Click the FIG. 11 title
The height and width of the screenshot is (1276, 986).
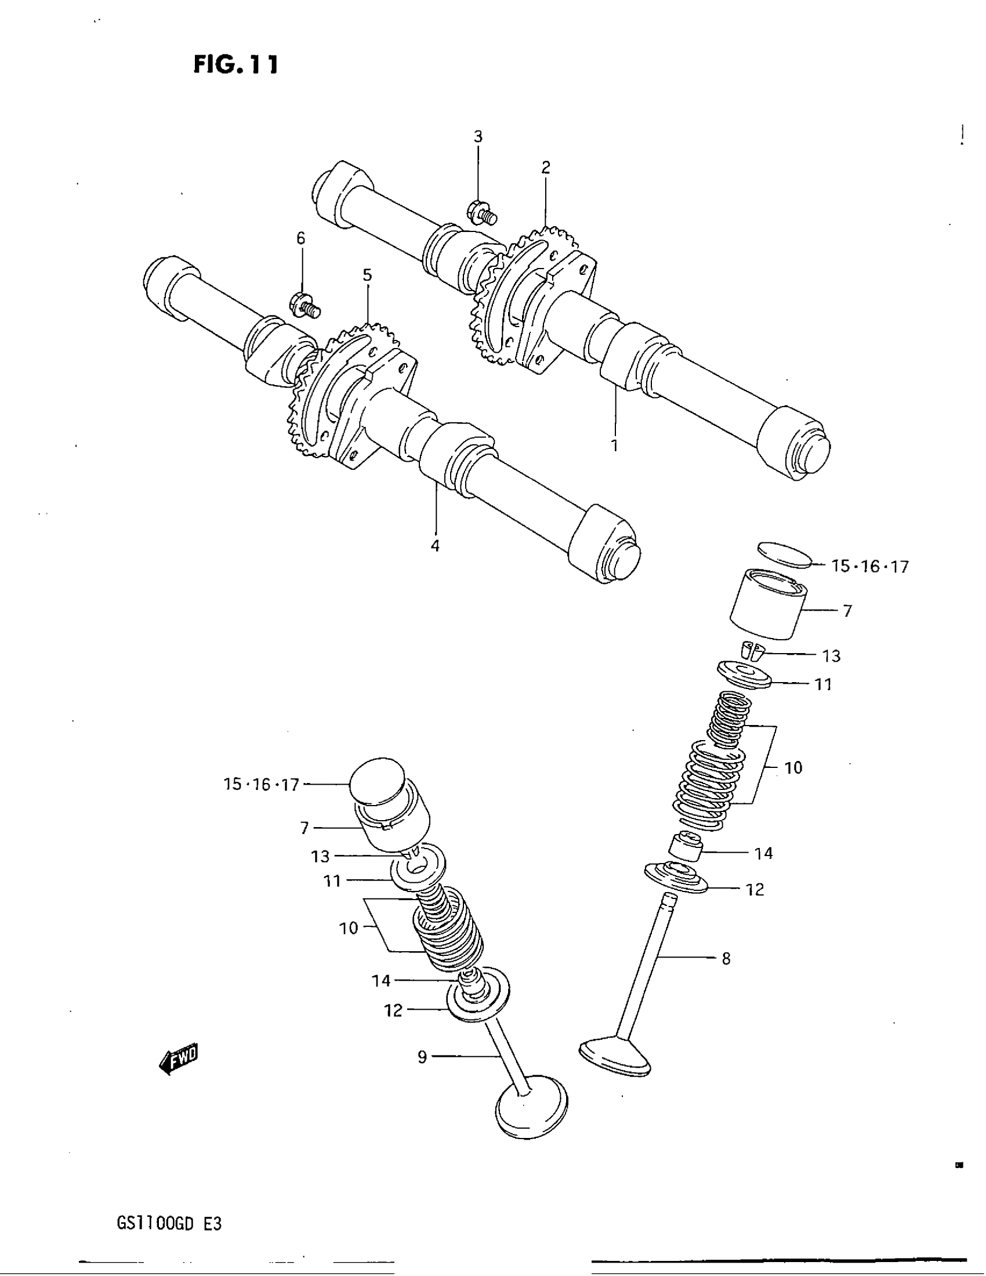coord(236,64)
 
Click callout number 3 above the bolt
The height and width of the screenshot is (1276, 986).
coord(478,137)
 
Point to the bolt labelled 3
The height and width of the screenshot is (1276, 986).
coord(481,213)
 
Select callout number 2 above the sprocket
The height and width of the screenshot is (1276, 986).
coord(546,168)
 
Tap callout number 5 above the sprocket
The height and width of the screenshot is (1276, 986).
coord(367,275)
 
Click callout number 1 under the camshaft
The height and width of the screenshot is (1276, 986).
coord(614,446)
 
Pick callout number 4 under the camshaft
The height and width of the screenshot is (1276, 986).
coord(435,546)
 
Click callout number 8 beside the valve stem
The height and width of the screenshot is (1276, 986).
coord(726,959)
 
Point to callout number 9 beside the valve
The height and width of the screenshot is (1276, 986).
coord(422,1056)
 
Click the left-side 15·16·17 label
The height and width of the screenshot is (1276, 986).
coord(261,784)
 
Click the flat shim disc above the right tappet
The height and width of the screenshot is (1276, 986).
coord(785,555)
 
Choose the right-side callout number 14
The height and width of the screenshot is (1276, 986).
coord(763,854)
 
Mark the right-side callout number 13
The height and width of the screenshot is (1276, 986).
coord(831,656)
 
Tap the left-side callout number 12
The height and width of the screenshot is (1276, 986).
coord(393,1010)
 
